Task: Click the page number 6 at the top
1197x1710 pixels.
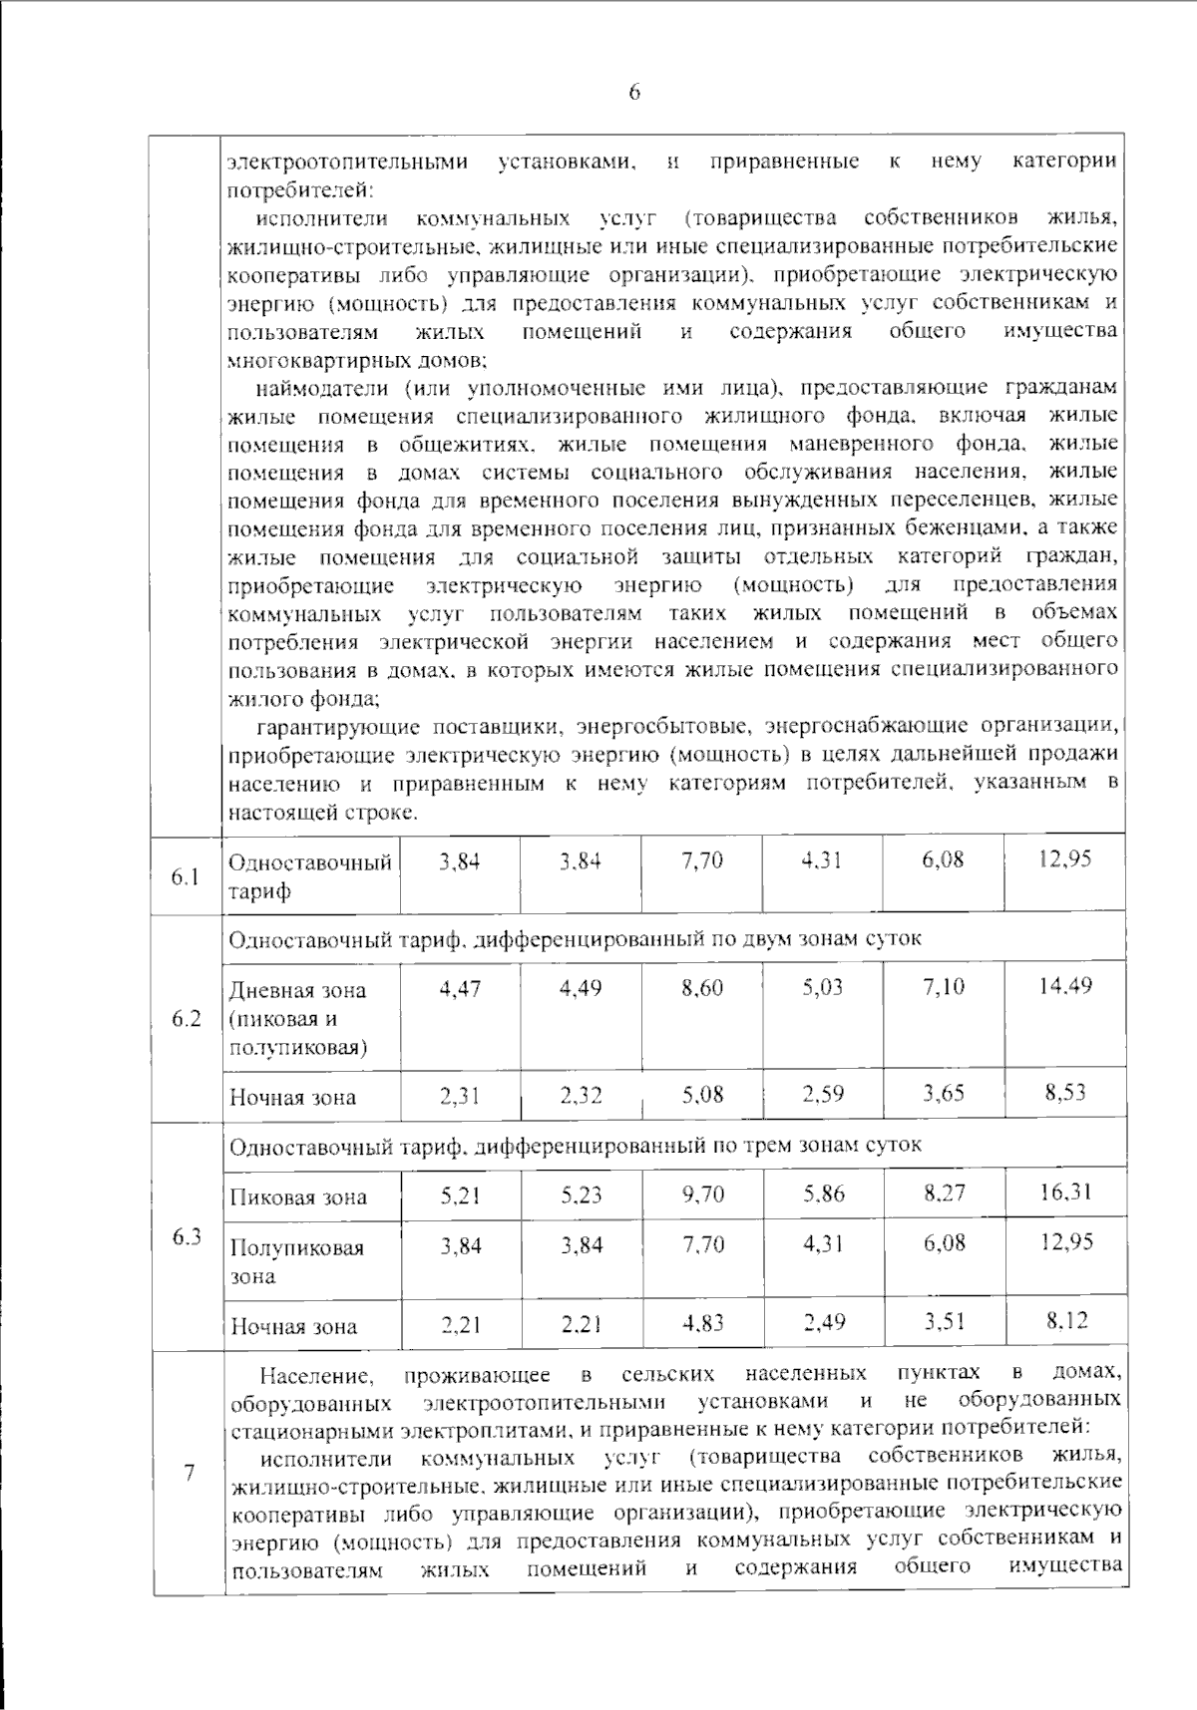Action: [634, 92]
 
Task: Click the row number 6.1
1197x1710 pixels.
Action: [186, 876]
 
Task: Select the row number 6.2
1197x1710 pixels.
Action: [186, 1019]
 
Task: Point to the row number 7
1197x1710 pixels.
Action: [188, 1473]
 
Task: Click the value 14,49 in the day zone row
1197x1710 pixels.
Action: [1065, 986]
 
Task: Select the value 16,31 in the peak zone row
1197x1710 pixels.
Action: [1065, 1192]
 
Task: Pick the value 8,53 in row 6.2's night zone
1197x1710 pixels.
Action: [1065, 1093]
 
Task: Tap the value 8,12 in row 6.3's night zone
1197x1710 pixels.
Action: [1066, 1321]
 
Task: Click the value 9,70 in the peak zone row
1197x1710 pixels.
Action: [702, 1194]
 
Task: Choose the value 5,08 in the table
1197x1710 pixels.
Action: [702, 1095]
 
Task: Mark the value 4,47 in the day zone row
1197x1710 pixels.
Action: [460, 988]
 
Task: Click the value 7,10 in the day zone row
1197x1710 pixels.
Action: [944, 988]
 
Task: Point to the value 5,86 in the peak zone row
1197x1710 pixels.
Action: [824, 1194]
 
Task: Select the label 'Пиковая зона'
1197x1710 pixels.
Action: [298, 1197]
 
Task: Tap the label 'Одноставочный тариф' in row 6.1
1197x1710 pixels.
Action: [309, 876]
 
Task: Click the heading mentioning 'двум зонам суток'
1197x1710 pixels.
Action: [575, 939]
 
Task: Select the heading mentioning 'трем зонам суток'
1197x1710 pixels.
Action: [575, 1146]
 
